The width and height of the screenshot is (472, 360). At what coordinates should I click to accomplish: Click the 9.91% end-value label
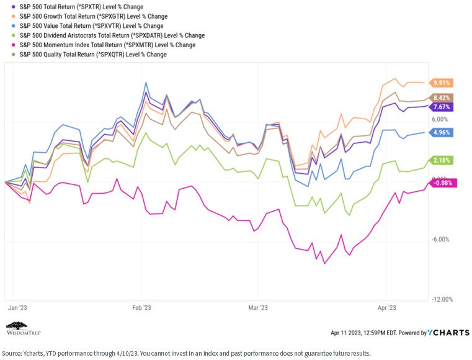click(441, 83)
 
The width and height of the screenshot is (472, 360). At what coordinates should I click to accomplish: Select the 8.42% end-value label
click(441, 98)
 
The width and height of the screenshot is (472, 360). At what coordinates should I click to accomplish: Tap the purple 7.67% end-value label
click(441, 107)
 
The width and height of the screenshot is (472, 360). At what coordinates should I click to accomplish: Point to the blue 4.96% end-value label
click(441, 132)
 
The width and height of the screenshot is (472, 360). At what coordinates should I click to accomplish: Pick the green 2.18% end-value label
click(441, 160)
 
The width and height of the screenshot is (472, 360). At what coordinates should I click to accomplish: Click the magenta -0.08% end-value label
click(442, 183)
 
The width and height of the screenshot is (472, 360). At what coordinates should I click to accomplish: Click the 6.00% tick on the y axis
click(440, 119)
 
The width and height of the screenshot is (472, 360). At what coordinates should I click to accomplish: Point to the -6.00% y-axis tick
click(441, 240)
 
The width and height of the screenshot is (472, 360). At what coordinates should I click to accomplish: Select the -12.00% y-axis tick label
click(442, 299)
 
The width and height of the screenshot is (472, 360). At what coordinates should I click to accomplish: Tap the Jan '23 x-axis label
click(17, 308)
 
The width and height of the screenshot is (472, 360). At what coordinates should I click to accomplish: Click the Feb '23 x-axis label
click(141, 308)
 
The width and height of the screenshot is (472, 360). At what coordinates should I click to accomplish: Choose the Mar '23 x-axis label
click(258, 308)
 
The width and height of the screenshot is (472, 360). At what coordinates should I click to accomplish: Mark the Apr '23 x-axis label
click(387, 308)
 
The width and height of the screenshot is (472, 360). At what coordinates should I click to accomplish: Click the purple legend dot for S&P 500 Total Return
click(13, 7)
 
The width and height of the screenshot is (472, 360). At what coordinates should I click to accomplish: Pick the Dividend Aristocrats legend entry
click(108, 35)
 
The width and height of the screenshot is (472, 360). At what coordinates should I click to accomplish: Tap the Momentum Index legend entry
click(103, 45)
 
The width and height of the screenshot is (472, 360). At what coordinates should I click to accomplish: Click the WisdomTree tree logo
click(17, 326)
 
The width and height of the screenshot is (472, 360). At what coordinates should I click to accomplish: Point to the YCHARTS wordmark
click(448, 332)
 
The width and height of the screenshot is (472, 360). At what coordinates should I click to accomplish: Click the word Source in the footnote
click(11, 353)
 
